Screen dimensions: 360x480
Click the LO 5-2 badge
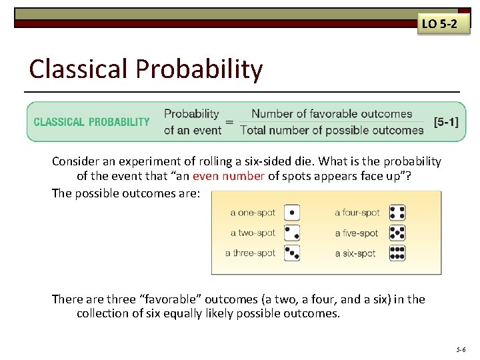coord(439,24)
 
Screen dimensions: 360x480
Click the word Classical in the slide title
coord(79,69)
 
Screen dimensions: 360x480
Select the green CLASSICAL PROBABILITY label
coord(92,122)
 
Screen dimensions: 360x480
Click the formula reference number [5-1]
coord(446,122)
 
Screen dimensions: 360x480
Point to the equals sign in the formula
coord(229,122)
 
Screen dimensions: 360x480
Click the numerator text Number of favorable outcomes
coord(331,114)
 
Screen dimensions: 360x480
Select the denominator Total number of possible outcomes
coord(331,130)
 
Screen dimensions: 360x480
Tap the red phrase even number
coord(229,176)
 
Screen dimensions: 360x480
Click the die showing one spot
coord(292,213)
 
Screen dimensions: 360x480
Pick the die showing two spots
coord(292,233)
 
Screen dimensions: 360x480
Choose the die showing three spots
coord(292,253)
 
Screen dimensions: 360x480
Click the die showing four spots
coord(397,213)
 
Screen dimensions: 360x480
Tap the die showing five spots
coord(397,233)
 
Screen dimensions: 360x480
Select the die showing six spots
coord(397,253)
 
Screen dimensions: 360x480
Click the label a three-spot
coord(250,253)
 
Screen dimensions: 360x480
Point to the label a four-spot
coord(357,213)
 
